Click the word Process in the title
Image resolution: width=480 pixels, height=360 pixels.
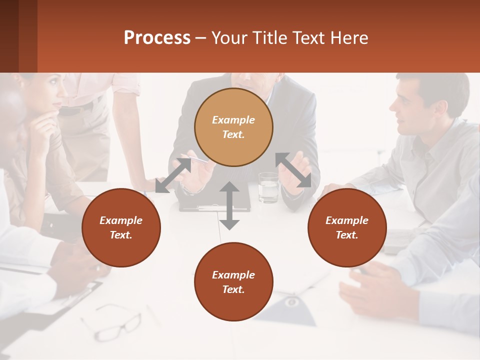coord(157,38)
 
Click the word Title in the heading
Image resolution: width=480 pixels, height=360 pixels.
coord(268,38)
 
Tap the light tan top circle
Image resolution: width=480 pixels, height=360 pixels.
coord(233,127)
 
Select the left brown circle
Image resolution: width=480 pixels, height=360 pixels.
coord(121,227)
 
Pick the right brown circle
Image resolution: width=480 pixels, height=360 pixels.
coord(347,227)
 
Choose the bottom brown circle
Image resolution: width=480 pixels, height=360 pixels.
coord(233,282)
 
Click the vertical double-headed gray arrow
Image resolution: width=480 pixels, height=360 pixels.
coord(229,205)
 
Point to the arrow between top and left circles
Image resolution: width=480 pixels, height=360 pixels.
coord(173,175)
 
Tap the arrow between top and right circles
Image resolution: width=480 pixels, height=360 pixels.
coord(293,170)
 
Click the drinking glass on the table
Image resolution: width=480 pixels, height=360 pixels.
coord(268,187)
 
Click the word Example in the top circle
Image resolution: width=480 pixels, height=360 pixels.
coord(233,120)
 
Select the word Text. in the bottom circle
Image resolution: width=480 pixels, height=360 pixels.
coord(233,289)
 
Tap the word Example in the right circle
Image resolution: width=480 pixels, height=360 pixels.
coord(347,220)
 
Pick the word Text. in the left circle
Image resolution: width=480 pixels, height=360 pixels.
coord(121,235)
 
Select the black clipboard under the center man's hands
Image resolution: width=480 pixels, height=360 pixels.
coord(215,202)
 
